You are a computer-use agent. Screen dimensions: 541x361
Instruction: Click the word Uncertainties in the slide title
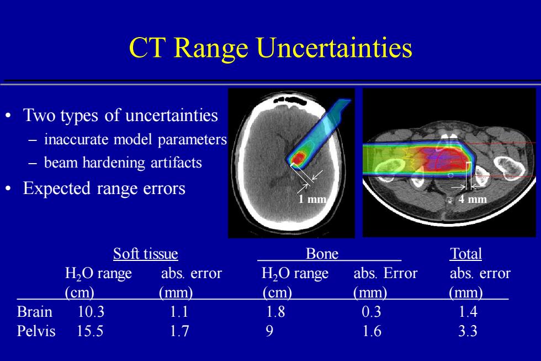[x=335, y=48]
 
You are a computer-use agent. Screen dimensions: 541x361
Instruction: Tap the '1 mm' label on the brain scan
[x=312, y=199]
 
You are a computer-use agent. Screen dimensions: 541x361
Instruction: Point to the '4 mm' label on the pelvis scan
[x=473, y=199]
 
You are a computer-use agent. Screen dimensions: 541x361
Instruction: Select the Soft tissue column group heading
[x=146, y=254]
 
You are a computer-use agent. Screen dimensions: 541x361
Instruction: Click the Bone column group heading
[x=322, y=254]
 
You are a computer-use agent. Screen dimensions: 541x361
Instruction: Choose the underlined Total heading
[x=466, y=254]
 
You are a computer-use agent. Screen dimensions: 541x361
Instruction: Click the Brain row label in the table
[x=34, y=312]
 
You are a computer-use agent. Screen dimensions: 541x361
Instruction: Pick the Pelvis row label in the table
[x=36, y=331]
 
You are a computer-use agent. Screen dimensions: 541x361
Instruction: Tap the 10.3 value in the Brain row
[x=91, y=312]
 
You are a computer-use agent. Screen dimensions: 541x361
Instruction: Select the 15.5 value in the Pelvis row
[x=89, y=331]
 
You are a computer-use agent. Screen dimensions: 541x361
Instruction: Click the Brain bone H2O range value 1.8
[x=275, y=312]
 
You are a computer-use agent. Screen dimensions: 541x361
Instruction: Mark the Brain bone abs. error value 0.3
[x=371, y=312]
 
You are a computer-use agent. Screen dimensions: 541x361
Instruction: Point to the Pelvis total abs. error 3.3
[x=468, y=331]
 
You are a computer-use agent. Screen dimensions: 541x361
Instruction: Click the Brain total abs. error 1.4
[x=468, y=312]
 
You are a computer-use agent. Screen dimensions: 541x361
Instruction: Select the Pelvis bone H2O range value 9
[x=269, y=331]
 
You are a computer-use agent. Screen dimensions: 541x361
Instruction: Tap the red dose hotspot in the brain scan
[x=298, y=159]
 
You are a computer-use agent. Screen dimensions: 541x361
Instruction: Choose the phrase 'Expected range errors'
[x=104, y=189]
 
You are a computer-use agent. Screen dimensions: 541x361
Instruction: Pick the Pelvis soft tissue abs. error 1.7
[x=179, y=331]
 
